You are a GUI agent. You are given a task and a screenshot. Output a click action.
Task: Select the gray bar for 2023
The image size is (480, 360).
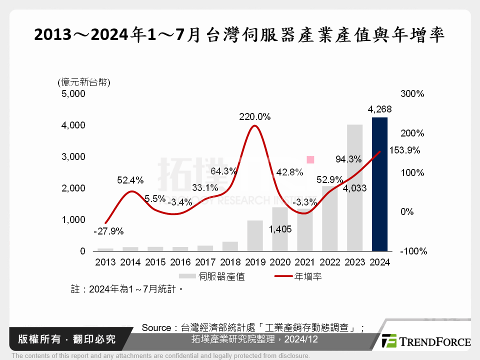[x=354, y=187]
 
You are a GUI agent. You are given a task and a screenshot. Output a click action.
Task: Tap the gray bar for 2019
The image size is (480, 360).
[x=255, y=235]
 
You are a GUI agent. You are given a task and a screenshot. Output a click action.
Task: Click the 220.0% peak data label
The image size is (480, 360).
[x=254, y=116]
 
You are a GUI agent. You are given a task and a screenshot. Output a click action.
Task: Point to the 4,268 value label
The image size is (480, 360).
[x=379, y=109]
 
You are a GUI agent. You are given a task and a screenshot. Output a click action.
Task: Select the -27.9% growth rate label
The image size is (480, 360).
[x=108, y=231]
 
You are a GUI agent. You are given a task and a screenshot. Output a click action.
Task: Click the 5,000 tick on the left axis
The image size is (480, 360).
[x=73, y=93]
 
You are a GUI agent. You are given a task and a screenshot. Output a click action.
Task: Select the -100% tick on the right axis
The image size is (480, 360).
[x=413, y=251]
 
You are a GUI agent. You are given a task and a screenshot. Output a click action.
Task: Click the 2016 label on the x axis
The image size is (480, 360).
[x=180, y=262]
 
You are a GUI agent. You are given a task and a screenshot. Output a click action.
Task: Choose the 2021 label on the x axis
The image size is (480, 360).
[x=304, y=262]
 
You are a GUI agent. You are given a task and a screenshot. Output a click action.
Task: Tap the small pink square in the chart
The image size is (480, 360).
[x=310, y=159]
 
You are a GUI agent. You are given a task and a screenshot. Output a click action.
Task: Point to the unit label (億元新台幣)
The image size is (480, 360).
[x=83, y=82]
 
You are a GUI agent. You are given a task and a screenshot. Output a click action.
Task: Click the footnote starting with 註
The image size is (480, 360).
[x=125, y=289]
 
